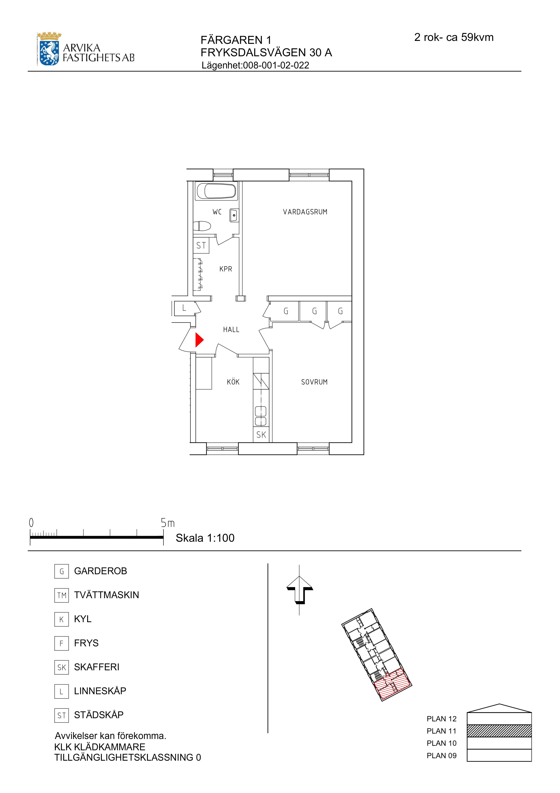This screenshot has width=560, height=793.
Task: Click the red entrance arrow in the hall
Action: [x=199, y=340]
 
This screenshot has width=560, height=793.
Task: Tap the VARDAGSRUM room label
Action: [x=305, y=212]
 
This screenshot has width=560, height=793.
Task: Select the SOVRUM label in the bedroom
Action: [x=314, y=382]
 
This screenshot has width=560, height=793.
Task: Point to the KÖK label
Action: [x=233, y=382]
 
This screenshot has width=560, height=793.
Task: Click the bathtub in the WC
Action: [x=216, y=191]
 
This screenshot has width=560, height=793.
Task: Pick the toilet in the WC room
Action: [x=202, y=226]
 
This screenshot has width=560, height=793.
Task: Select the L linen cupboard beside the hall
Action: [x=184, y=308]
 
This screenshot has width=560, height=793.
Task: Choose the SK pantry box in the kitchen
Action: [x=261, y=435]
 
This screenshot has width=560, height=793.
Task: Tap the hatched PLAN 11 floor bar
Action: [x=499, y=731]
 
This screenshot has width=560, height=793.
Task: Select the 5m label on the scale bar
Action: [x=168, y=523]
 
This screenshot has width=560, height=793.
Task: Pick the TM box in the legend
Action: [x=61, y=595]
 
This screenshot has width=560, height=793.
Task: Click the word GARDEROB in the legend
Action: [x=100, y=571]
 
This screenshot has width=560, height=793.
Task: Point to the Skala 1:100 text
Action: [x=205, y=538]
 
